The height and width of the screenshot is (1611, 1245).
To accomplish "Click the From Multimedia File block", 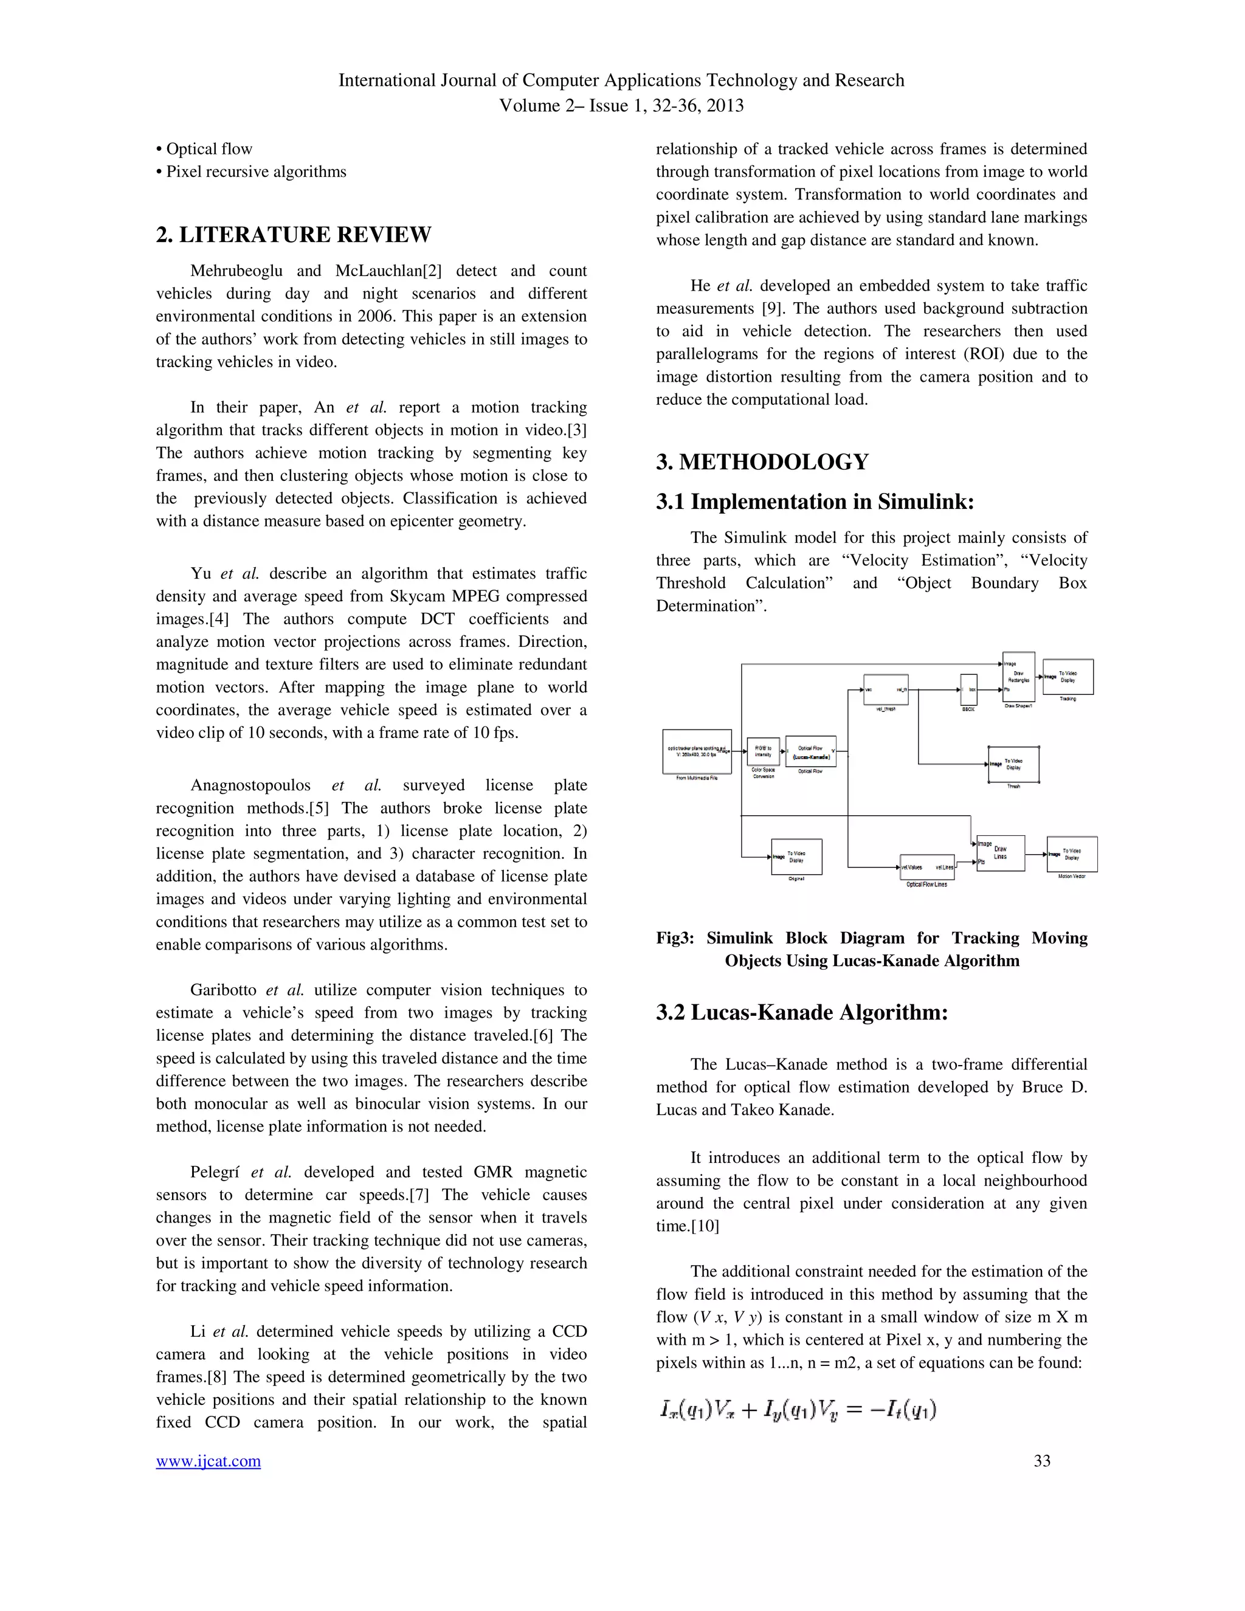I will coord(697,751).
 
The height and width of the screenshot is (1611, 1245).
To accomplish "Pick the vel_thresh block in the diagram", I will coord(886,690).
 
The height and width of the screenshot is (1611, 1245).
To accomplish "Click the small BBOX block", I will coord(968,690).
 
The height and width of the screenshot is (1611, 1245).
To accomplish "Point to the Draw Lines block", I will coord(1000,853).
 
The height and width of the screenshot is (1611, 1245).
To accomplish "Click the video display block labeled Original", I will coord(796,857).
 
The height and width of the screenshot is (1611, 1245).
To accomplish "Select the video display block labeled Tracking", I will coord(1067,677).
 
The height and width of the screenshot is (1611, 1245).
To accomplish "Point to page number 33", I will coord(1041,1460).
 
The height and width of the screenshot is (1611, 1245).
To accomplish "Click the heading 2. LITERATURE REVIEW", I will coord(294,235).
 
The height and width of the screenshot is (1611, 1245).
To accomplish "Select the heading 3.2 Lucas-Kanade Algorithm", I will coord(802,1012).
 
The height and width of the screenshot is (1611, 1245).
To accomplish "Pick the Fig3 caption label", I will coord(675,937).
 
